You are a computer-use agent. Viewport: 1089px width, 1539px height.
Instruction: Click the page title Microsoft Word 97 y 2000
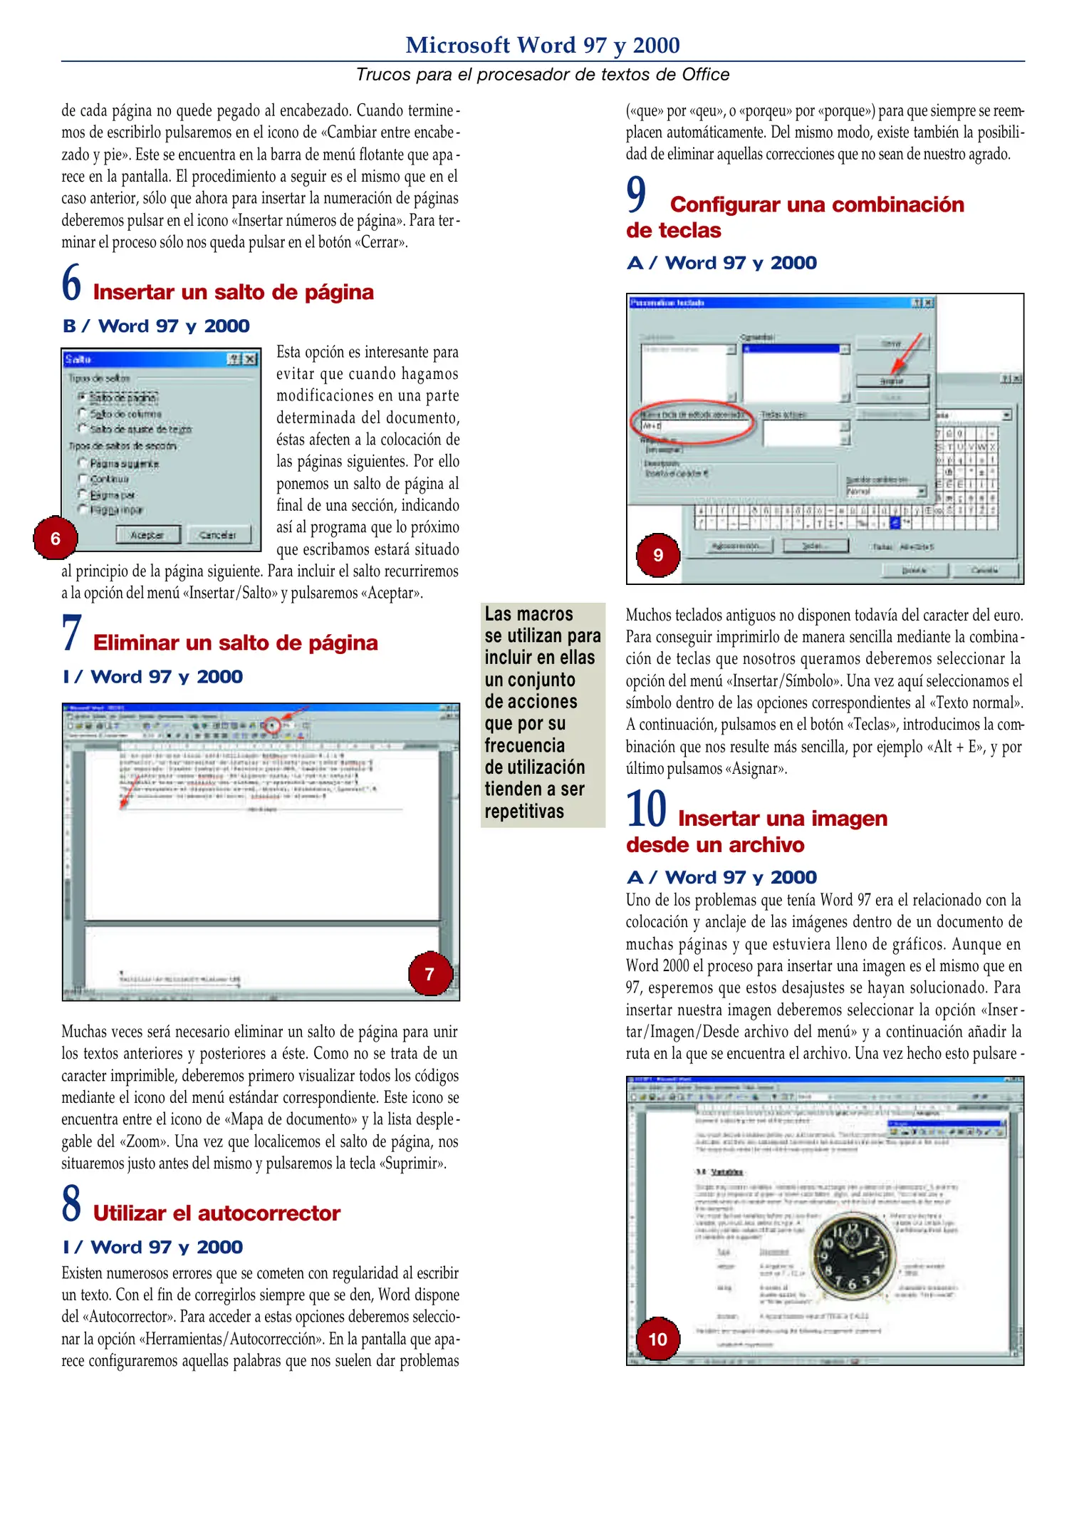[x=542, y=45]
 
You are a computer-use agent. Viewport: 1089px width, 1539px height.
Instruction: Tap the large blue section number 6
[x=71, y=283]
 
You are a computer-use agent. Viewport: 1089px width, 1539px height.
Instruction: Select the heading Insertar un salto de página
[x=233, y=292]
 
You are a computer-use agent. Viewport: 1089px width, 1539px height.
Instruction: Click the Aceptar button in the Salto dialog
[x=147, y=534]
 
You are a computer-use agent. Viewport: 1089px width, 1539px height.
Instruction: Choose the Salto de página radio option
[x=83, y=397]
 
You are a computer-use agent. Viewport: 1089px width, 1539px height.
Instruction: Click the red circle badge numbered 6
[x=55, y=539]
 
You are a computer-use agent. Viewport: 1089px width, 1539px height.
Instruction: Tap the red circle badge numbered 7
[x=429, y=974]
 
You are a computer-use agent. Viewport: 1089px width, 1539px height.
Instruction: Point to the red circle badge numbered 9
[x=658, y=555]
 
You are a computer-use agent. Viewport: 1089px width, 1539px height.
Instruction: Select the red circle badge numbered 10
[x=657, y=1339]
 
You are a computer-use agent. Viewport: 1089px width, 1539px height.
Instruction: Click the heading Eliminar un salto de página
[x=235, y=643]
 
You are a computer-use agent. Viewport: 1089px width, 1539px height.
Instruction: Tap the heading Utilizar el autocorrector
[x=217, y=1213]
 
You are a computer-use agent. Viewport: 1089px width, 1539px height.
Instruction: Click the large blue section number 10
[x=646, y=809]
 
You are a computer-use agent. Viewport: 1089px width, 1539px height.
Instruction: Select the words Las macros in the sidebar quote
[x=528, y=614]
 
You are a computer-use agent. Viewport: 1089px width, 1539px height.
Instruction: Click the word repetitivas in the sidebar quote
[x=524, y=812]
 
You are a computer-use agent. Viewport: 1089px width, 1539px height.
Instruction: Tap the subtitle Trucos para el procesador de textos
[x=542, y=75]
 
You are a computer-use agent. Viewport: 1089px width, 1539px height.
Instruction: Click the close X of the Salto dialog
[x=250, y=359]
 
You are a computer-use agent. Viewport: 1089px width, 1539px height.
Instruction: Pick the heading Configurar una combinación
[x=816, y=204]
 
